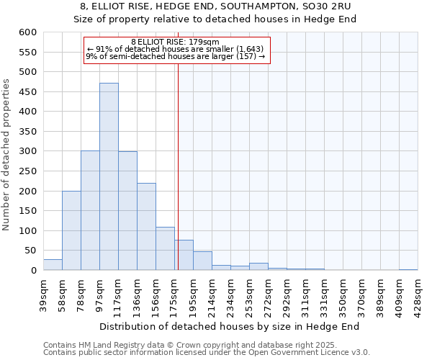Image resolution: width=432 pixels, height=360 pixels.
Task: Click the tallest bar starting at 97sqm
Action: (109, 176)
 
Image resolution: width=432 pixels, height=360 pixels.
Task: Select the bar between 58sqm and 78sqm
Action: (71, 230)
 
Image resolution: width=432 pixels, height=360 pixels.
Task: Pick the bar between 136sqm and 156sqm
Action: (146, 227)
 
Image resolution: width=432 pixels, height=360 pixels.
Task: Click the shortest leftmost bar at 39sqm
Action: (53, 265)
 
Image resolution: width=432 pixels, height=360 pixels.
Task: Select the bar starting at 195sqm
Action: (202, 261)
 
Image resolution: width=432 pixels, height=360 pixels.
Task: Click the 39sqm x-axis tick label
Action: (43, 292)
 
